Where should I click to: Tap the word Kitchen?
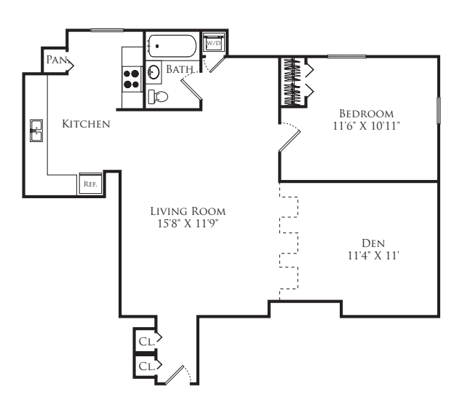86,125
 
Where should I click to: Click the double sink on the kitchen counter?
36,131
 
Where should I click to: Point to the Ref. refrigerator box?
90,184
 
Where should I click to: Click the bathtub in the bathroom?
172,47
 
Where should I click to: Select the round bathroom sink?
154,71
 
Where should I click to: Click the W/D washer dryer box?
214,43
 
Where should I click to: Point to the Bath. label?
180,70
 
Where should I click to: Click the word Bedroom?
367,114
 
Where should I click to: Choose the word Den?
373,243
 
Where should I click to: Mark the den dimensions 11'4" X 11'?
373,255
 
